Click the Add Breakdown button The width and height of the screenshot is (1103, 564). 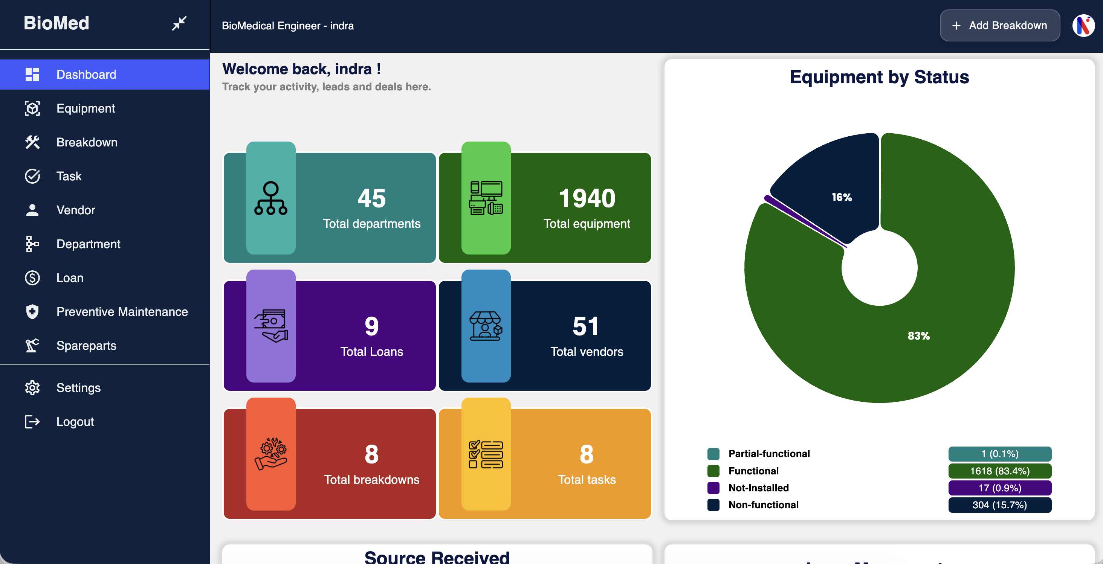pos(999,26)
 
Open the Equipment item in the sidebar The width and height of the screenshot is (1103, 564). pos(85,109)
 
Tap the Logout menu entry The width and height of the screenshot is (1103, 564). pos(75,422)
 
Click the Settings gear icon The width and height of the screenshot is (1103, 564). pos(32,388)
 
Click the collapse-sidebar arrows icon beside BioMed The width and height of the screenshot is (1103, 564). pos(179,23)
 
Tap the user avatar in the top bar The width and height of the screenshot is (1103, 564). pos(1083,26)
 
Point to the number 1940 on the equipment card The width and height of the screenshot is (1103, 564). pos(587,198)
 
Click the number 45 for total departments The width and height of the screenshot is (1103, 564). pos(371,198)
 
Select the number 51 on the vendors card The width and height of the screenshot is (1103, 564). pos(586,326)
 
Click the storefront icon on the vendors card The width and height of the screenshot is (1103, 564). pos(486,326)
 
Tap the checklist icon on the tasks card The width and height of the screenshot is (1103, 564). pos(486,454)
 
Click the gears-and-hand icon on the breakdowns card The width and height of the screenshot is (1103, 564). pos(270,454)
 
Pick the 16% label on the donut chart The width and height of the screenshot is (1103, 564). pos(842,197)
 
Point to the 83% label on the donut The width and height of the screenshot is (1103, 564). pos(918,336)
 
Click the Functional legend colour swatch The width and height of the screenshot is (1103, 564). pos(713,471)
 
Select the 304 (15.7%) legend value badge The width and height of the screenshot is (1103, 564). pos(999,505)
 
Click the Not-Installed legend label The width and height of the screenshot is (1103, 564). pos(758,488)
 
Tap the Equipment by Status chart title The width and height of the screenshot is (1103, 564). pos(879,77)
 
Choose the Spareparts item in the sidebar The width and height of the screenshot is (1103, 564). pos(86,345)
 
